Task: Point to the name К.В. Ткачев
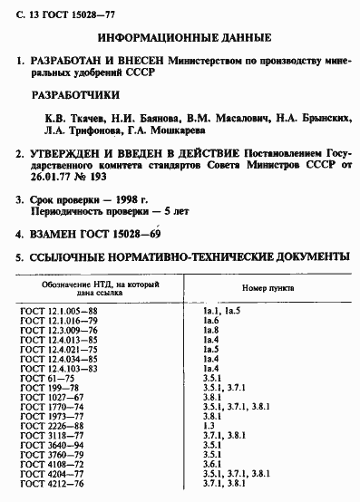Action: click(74, 118)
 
